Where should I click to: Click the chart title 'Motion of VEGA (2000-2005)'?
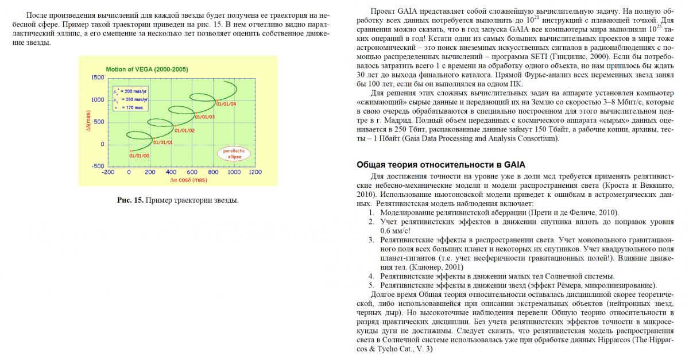(x=146, y=69)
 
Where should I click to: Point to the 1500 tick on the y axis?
(x=98, y=78)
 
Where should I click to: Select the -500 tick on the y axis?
(x=98, y=167)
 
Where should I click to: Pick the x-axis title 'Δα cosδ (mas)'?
(x=188, y=180)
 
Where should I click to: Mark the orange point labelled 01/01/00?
(x=130, y=150)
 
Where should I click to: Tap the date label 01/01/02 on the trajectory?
(x=184, y=130)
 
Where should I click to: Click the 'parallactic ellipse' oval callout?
(x=234, y=153)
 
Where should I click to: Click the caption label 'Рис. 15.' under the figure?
(x=130, y=200)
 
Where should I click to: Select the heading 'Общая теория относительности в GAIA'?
(x=440, y=165)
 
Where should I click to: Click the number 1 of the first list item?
(x=371, y=213)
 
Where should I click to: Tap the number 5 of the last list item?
(x=371, y=285)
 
